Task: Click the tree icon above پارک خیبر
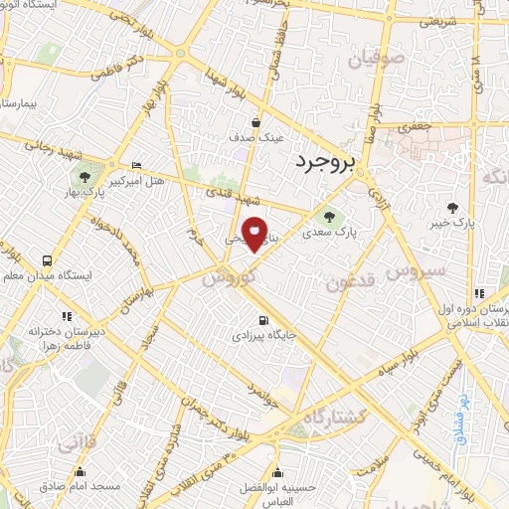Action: click(x=453, y=208)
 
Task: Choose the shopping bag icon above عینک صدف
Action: click(x=256, y=122)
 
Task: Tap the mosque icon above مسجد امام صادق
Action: click(x=80, y=472)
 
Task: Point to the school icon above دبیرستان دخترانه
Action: click(x=67, y=315)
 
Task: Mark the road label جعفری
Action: click(x=411, y=127)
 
